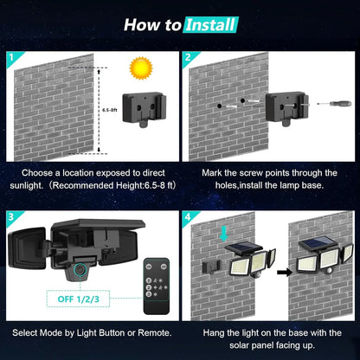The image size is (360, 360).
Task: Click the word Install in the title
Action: pos(210,24)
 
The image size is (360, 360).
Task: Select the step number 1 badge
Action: pos(10,60)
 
